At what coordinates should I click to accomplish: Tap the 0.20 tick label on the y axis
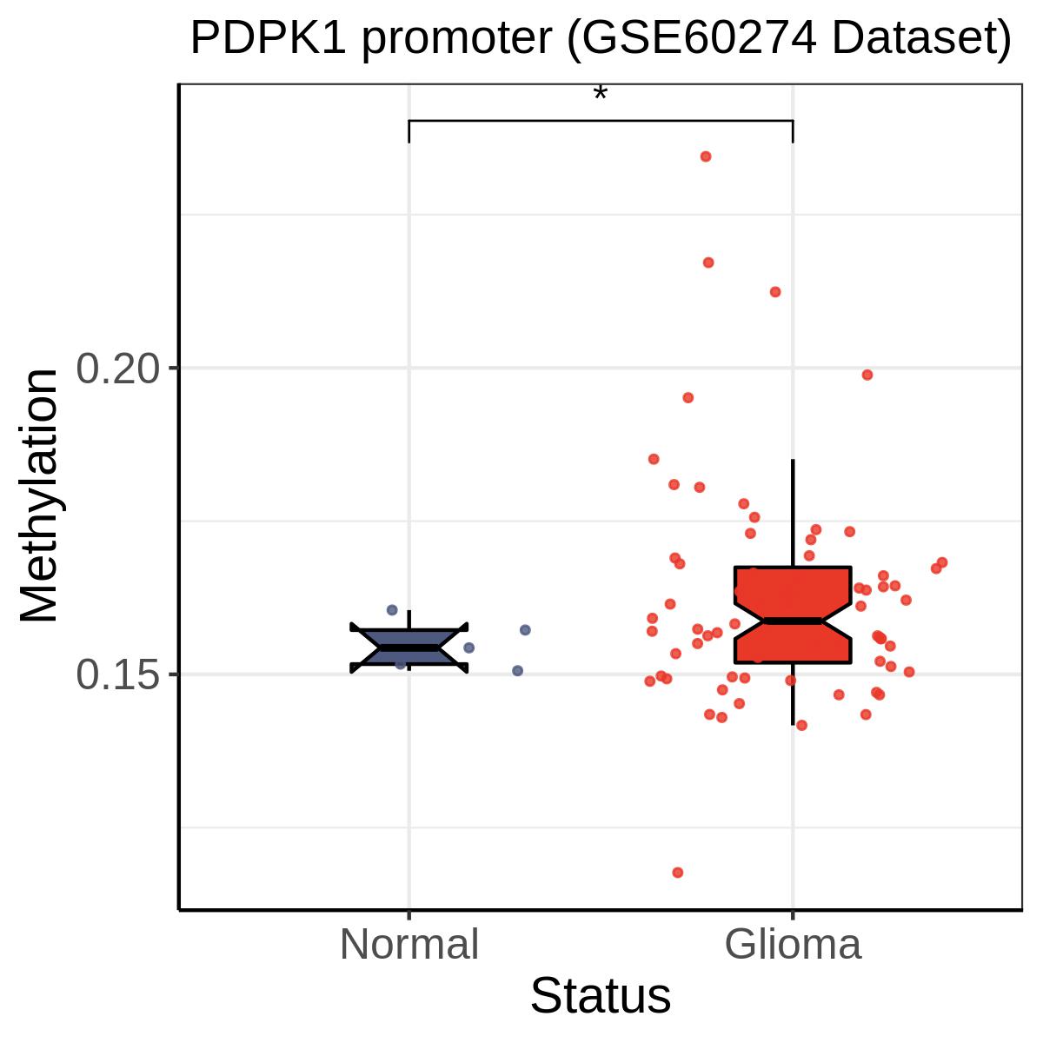coord(118,369)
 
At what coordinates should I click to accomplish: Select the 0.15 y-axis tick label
coord(118,674)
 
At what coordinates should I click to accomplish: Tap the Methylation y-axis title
coord(39,495)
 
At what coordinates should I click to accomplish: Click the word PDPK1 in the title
coord(268,38)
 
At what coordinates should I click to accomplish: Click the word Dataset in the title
coord(913,38)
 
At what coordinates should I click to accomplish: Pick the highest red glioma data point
coord(706,156)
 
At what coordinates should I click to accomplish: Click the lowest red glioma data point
coord(678,873)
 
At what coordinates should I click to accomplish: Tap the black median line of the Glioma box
coord(793,621)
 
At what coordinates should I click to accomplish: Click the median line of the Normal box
coord(409,648)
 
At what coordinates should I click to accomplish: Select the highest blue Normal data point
coord(392,610)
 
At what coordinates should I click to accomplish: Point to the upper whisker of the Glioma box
coord(793,513)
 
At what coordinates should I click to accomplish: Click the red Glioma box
coord(793,615)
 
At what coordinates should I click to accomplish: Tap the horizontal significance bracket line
coord(601,121)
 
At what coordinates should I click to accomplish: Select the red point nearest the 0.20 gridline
coord(867,375)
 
